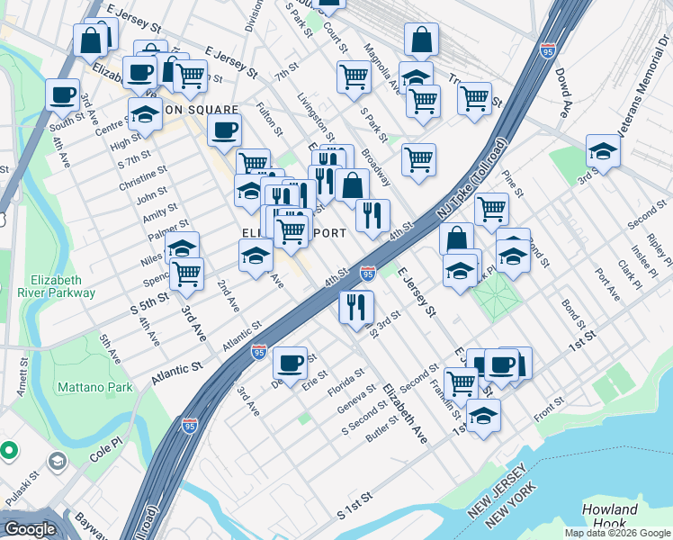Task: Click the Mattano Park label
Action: coord(94,388)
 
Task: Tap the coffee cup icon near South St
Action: coord(62,94)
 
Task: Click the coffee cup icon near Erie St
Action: coord(290,363)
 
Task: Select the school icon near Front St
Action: coord(484,415)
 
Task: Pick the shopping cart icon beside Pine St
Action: coord(491,209)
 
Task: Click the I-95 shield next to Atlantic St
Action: coord(259,351)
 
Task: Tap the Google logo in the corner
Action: coord(30,529)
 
